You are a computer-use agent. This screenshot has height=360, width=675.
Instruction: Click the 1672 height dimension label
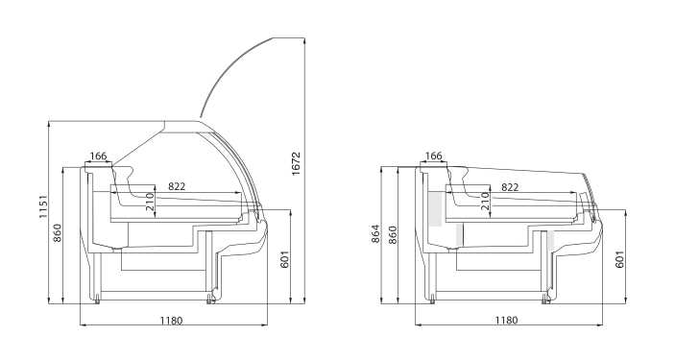[296, 163]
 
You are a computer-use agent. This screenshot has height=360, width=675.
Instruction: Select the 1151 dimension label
[43, 206]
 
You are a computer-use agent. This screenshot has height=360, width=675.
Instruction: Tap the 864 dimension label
[375, 233]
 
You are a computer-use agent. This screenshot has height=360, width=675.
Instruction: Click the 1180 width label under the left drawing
[171, 321]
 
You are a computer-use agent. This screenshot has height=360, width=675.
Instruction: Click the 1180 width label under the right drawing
[506, 321]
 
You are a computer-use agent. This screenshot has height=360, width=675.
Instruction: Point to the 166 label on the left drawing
[98, 156]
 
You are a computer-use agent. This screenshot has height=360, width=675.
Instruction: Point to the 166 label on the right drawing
[433, 156]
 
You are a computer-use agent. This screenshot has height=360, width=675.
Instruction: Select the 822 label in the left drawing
[177, 186]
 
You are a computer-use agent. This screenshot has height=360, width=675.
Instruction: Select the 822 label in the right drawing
[510, 187]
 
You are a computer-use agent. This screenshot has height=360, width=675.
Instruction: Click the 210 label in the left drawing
[150, 202]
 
